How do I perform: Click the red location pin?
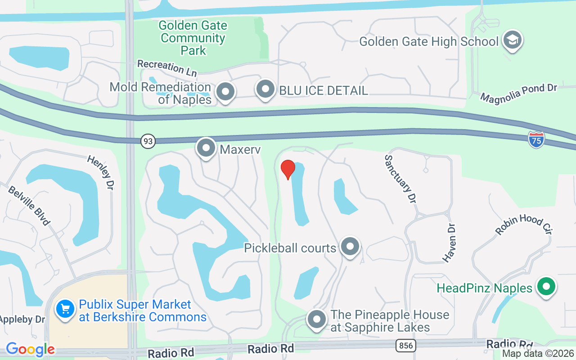pos(288,170)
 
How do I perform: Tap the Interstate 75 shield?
pos(536,139)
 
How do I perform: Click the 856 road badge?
pos(406,346)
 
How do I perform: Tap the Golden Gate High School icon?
pos(513,41)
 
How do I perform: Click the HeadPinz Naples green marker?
pos(546,287)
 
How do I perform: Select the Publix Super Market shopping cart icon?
pos(65,310)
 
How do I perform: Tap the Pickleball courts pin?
pos(350,247)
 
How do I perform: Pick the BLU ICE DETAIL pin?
pos(265,89)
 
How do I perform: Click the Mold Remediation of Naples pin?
pos(225,92)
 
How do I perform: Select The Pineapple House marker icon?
pos(316,319)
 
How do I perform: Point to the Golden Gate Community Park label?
pos(193,38)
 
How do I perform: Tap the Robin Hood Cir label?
pos(523,224)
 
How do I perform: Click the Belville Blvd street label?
pos(29,205)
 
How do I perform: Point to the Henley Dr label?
pos(100,173)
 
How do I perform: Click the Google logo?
pos(30,349)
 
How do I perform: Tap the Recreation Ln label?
pos(167,67)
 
